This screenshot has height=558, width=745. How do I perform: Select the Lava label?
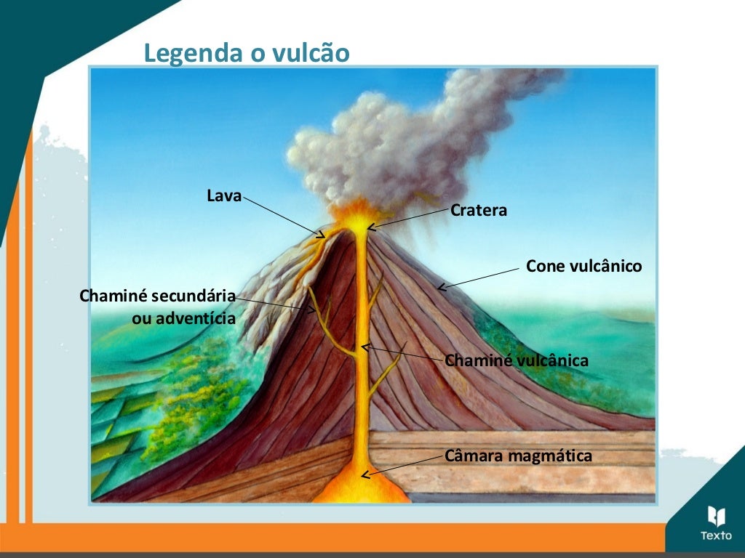tap(224, 195)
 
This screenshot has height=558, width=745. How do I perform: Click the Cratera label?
tap(479, 211)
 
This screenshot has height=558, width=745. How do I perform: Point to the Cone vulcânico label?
tap(583, 267)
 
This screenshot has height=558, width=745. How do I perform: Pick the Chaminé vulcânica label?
tap(516, 360)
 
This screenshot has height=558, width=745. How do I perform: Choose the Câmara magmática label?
tap(518, 456)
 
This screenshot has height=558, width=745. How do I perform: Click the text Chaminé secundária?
tap(157, 296)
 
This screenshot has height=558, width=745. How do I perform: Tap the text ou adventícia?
tap(183, 318)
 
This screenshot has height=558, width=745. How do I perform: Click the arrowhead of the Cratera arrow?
tap(370, 227)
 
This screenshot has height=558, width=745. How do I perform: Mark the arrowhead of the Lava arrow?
tap(321, 235)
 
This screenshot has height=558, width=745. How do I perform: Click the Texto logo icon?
tap(716, 516)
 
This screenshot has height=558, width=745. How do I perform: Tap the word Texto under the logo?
tap(716, 536)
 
